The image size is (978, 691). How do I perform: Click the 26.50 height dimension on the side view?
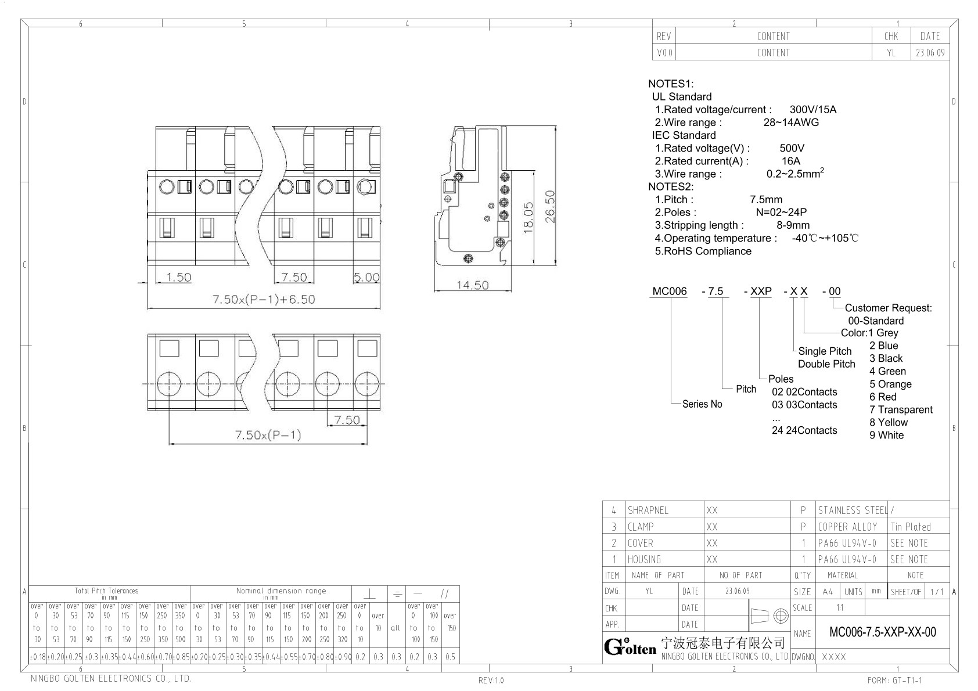[x=550, y=207]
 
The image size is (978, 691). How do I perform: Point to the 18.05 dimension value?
[x=528, y=217]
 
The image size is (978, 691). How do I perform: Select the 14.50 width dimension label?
[x=472, y=285]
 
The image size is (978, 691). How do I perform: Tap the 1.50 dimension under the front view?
[x=178, y=277]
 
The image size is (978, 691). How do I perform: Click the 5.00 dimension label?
[x=366, y=277]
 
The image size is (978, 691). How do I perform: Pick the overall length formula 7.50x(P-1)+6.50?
[x=264, y=300]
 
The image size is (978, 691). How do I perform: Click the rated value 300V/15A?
[x=813, y=110]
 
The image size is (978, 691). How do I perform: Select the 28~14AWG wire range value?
[x=791, y=122]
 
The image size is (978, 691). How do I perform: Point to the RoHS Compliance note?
[x=703, y=251]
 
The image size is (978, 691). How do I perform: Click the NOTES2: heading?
[x=671, y=186]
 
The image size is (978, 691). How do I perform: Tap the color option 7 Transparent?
[x=901, y=409]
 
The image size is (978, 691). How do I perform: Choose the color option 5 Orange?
[x=890, y=384]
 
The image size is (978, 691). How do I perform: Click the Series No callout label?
[x=702, y=404]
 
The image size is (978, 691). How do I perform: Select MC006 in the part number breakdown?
[x=669, y=291]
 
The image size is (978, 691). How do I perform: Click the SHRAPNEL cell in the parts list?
[x=648, y=510]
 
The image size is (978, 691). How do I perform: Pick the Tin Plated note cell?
[x=911, y=527]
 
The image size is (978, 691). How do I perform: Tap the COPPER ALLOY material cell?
[x=847, y=527]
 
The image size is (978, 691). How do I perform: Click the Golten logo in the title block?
[x=630, y=647]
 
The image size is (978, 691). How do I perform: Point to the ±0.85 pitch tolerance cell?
[x=181, y=657]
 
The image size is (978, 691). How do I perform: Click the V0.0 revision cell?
[x=664, y=53]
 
